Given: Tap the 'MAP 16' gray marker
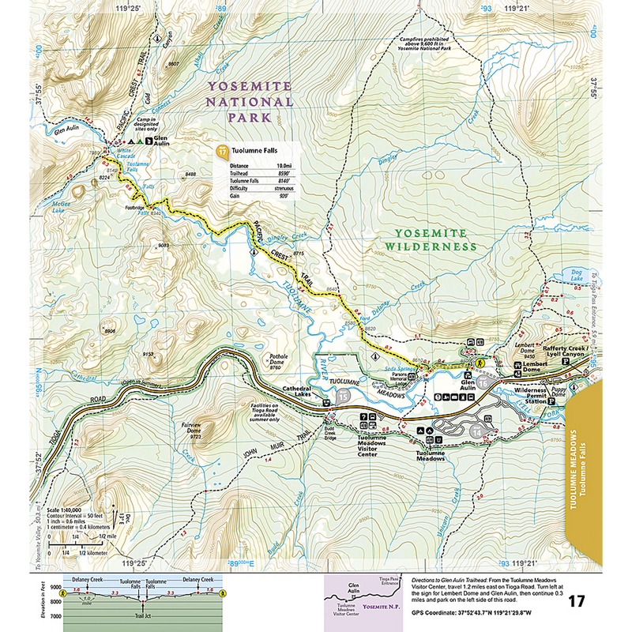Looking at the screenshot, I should [x=476, y=431].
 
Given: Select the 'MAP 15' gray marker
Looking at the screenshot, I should [x=344, y=396].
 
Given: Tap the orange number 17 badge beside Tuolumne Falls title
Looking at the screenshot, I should [x=222, y=151].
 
